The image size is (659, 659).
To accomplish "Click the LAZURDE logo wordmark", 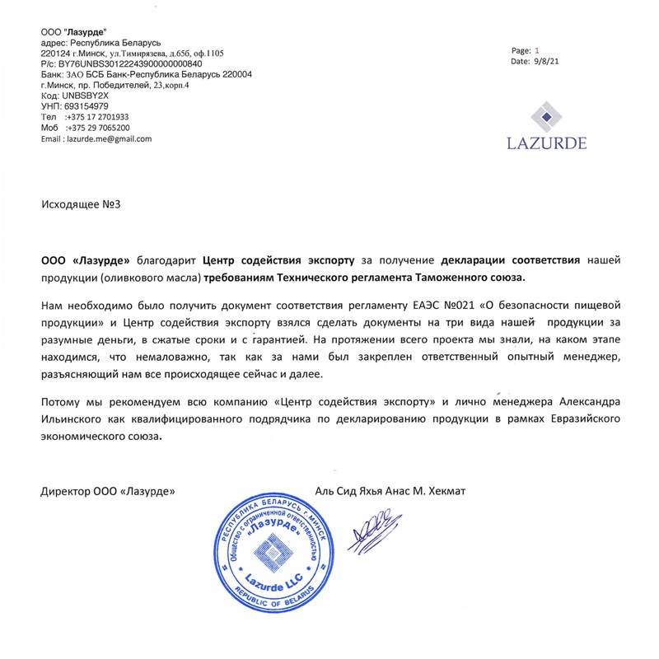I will (547, 143).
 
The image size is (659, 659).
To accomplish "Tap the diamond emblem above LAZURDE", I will (547, 115).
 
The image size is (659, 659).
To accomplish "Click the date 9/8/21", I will (548, 61).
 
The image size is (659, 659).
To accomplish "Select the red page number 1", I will (537, 50).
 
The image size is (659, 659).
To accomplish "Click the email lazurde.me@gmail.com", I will (109, 139).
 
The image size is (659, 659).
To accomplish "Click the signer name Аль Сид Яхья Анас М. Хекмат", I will (390, 491).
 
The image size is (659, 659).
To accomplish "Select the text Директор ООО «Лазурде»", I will (109, 491).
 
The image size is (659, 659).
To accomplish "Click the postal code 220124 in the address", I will (54, 53).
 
